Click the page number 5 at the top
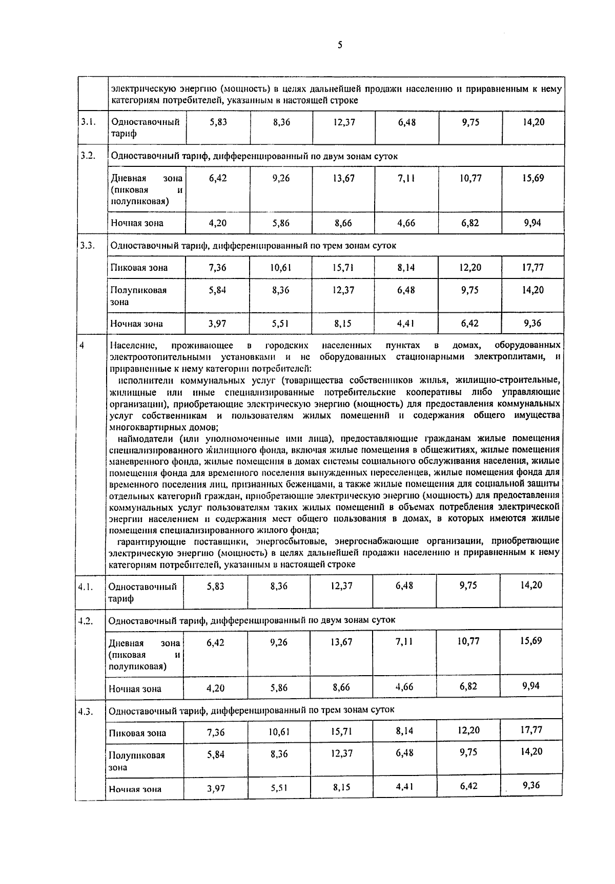(x=340, y=45)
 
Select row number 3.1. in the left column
(x=88, y=122)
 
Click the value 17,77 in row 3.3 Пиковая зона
(x=532, y=267)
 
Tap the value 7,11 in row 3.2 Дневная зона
(x=406, y=178)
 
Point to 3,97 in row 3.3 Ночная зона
(x=217, y=324)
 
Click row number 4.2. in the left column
(x=86, y=620)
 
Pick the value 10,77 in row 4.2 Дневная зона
(x=468, y=641)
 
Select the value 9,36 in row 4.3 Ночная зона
(x=531, y=785)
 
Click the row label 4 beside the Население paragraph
(x=82, y=346)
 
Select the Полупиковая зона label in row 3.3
(x=138, y=295)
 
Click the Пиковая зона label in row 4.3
(x=137, y=733)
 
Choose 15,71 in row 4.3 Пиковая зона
(x=342, y=731)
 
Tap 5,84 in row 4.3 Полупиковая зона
(x=216, y=754)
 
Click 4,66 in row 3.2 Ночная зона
(x=406, y=223)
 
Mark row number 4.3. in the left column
(x=86, y=710)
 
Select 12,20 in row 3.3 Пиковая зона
(x=470, y=267)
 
